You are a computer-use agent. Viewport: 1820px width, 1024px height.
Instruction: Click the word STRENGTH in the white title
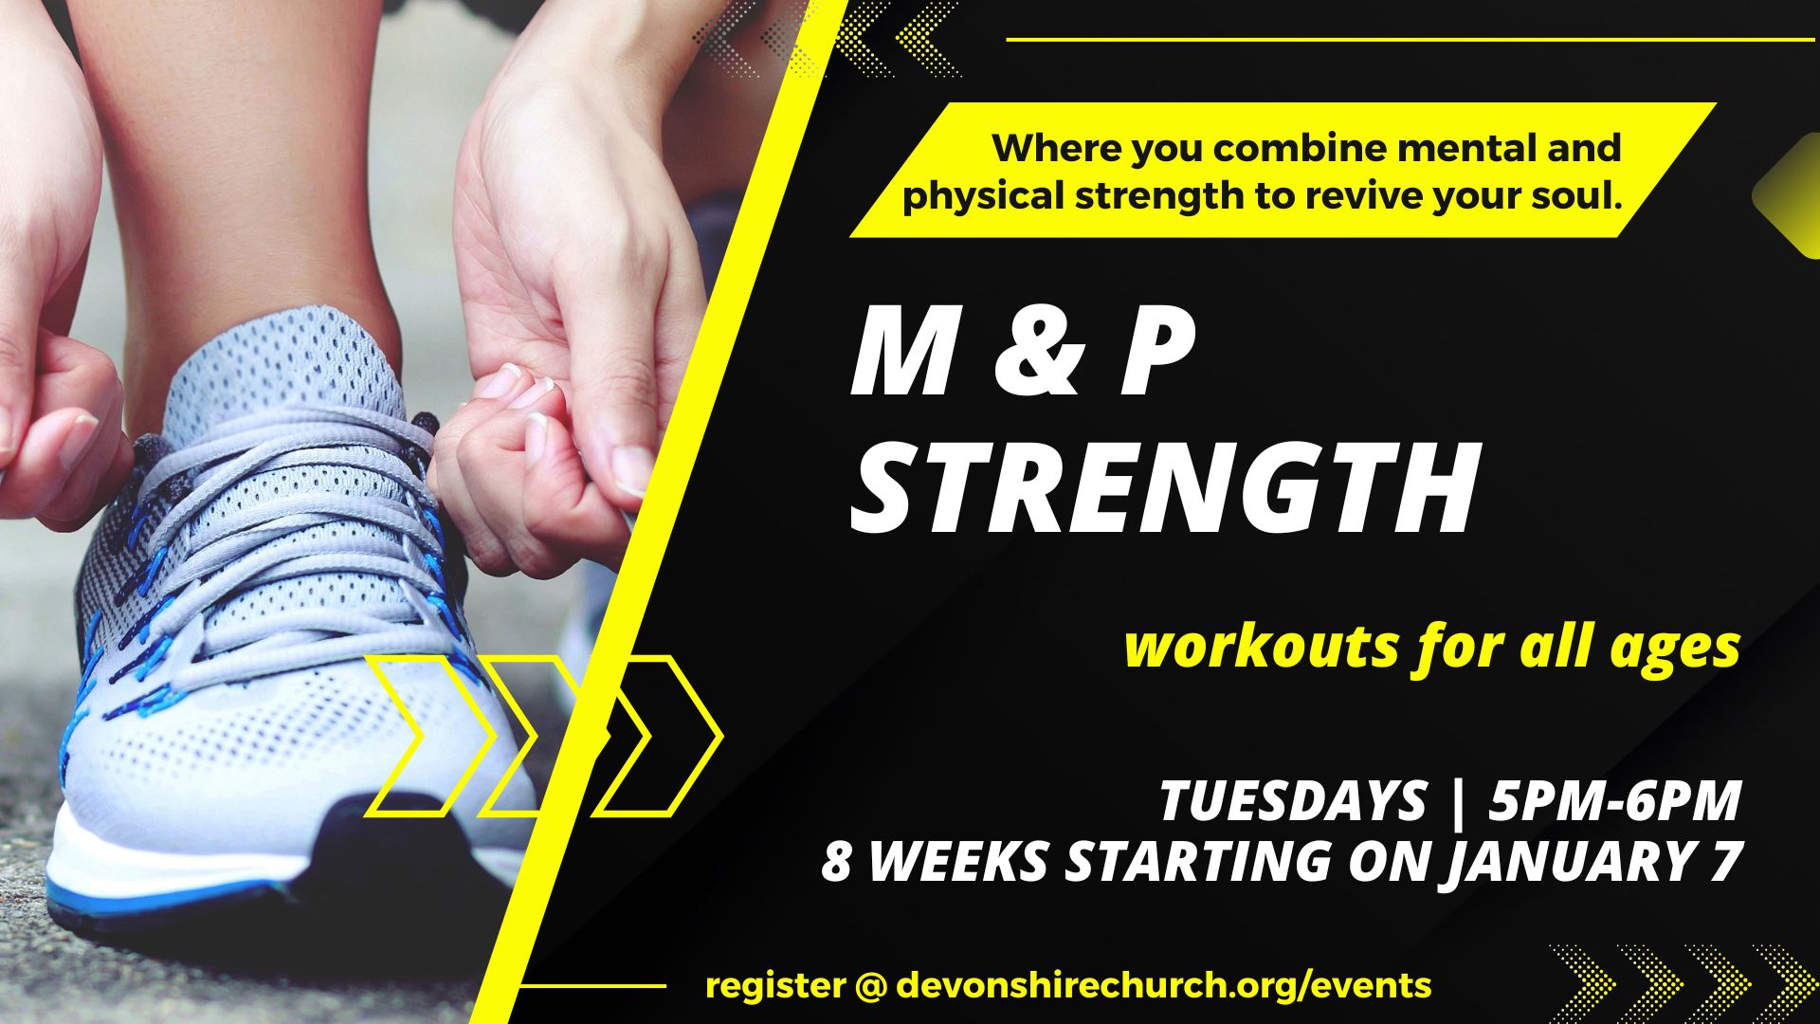click(1164, 490)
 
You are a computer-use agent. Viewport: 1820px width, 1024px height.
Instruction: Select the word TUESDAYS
click(1293, 800)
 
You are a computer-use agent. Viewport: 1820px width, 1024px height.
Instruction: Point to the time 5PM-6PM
click(1615, 800)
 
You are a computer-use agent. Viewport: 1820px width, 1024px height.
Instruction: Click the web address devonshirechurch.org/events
click(1163, 986)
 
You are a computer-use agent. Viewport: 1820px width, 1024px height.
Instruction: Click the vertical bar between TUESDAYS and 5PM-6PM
click(1458, 802)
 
